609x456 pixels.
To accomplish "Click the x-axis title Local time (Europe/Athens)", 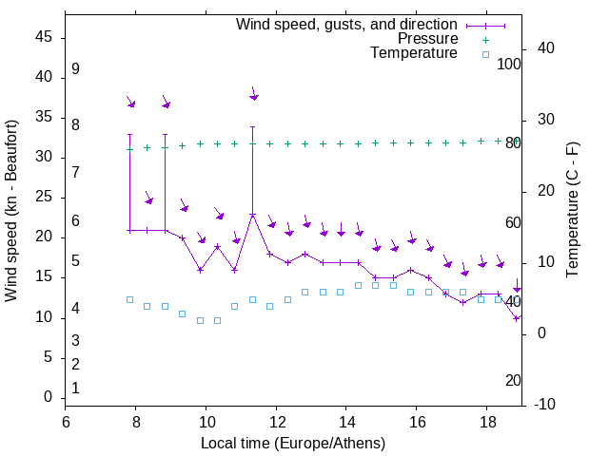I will click(x=293, y=443).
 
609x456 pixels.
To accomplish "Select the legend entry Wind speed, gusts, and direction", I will click(x=346, y=24).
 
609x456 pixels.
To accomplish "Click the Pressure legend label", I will click(x=427, y=39).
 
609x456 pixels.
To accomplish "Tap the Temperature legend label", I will click(x=414, y=53).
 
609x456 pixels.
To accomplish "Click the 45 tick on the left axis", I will click(x=43, y=37).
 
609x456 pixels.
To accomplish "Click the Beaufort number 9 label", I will click(x=75, y=69).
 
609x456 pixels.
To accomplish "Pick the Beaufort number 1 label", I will click(x=75, y=388).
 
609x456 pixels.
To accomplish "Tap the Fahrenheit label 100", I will click(x=509, y=64).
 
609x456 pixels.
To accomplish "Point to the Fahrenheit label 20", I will click(x=513, y=380).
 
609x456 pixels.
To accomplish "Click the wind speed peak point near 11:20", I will click(x=252, y=215).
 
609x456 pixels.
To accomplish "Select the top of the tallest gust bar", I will click(x=252, y=126).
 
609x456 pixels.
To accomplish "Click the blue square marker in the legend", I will click(x=485, y=54).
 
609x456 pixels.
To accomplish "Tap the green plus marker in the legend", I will click(x=485, y=39).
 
